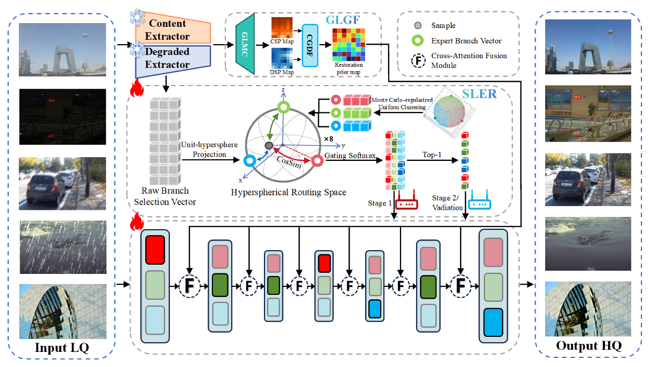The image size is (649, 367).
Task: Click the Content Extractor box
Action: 169,30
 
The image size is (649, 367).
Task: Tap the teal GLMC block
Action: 245,44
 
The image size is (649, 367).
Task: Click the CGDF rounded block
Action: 310,46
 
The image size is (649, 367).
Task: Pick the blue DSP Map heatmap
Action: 282,59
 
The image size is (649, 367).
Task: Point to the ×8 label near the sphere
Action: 329,139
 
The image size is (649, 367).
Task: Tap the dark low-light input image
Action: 63,117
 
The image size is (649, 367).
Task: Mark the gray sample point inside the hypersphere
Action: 268,146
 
